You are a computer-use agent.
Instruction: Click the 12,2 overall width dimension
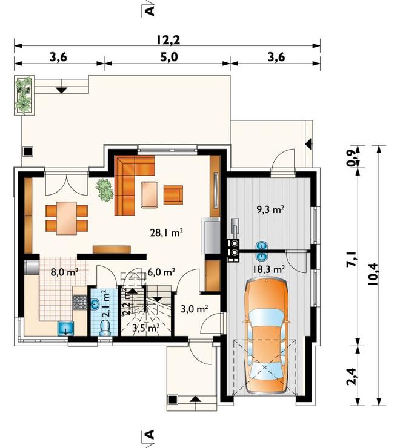[x=168, y=40]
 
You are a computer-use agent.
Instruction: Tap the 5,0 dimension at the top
[x=169, y=57]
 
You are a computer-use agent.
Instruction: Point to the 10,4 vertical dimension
[x=373, y=274]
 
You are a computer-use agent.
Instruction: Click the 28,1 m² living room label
[x=167, y=233]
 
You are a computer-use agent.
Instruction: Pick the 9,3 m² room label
[x=270, y=210]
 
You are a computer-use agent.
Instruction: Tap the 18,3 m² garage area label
[x=268, y=269]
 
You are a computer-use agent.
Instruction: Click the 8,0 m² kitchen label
[x=65, y=272]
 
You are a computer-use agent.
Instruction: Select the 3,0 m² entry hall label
[x=195, y=309]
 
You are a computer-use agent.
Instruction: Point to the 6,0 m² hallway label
[x=161, y=272]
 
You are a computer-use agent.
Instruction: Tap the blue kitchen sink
[x=66, y=328]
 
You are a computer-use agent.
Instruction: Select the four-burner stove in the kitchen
[x=80, y=302]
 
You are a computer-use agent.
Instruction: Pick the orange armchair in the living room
[x=173, y=195]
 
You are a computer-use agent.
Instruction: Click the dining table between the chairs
[x=67, y=219]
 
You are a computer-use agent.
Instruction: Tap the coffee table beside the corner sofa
[x=149, y=194]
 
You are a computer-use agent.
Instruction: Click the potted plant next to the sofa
[x=104, y=189]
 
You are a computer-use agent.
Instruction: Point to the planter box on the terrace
[x=24, y=95]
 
